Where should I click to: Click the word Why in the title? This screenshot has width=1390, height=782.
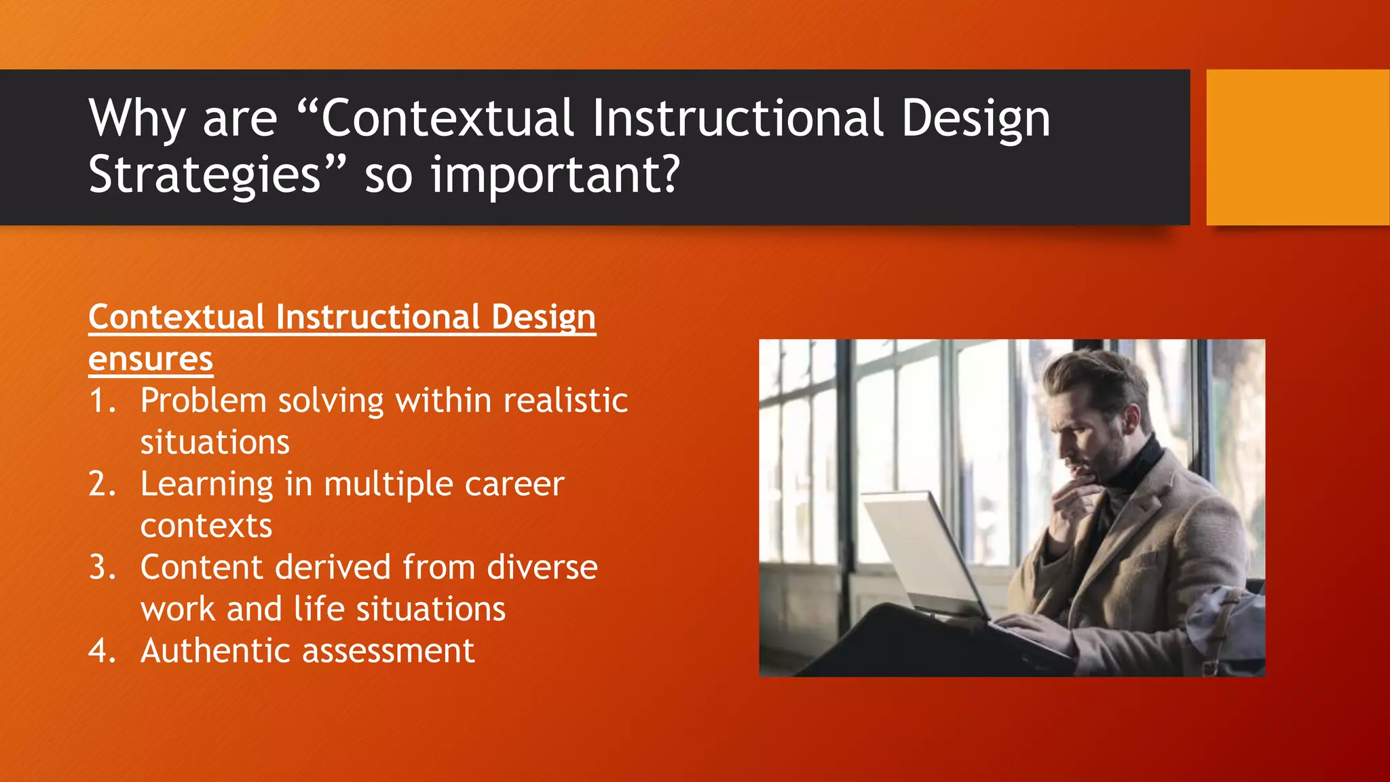tap(136, 119)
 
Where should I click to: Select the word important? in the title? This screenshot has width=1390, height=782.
tap(555, 175)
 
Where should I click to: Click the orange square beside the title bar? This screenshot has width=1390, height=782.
tap(1297, 147)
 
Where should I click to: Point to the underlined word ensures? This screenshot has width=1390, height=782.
tap(151, 360)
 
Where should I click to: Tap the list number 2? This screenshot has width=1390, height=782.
tap(102, 484)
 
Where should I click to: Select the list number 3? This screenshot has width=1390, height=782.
tap(102, 567)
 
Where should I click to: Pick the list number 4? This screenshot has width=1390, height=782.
tap(102, 651)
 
